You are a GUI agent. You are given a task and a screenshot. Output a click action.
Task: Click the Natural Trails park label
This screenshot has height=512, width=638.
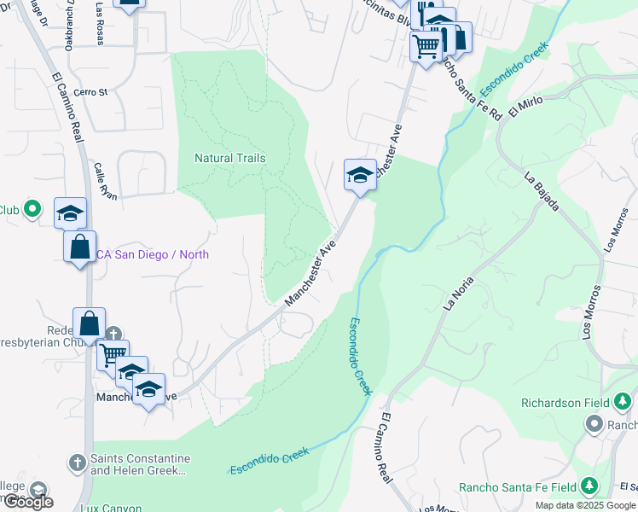point(229,158)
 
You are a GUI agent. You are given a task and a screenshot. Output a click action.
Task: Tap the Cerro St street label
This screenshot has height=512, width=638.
point(90,92)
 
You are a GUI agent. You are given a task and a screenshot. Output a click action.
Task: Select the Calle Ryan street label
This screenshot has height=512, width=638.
point(105,181)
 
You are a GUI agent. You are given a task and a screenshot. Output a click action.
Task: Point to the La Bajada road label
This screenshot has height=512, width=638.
point(542,192)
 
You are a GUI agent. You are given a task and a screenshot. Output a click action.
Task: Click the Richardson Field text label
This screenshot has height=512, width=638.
point(565,402)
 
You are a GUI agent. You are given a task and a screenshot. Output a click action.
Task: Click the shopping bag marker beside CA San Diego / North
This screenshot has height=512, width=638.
point(80,247)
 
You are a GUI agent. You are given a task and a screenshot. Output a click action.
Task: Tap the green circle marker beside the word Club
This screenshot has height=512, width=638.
point(32,209)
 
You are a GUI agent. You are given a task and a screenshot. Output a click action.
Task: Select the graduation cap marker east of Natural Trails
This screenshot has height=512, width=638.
point(360,176)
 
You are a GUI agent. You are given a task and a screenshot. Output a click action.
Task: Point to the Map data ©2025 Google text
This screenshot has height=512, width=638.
point(585,505)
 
